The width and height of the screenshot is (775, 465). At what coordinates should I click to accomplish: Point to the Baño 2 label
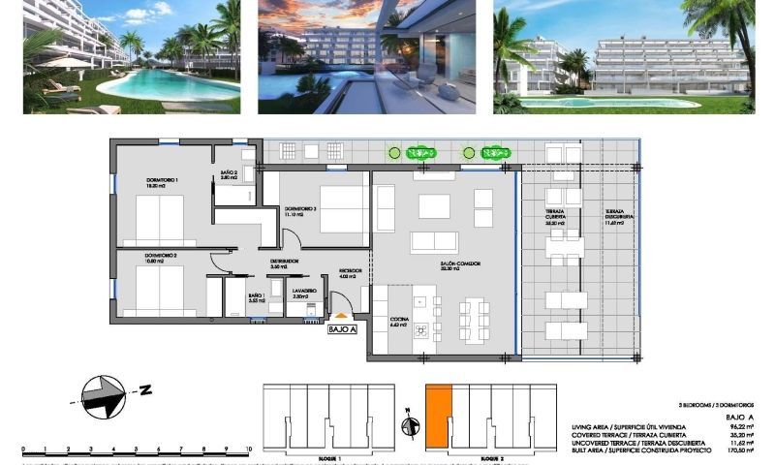[229, 175]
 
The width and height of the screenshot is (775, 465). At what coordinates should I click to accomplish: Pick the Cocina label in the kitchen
[398, 322]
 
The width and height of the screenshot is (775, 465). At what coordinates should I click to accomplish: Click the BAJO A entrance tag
[343, 329]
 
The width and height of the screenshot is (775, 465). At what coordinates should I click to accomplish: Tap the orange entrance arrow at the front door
[340, 315]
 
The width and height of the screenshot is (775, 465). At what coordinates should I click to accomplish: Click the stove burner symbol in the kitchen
[422, 330]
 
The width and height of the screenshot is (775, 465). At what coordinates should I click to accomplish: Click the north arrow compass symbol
[105, 394]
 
